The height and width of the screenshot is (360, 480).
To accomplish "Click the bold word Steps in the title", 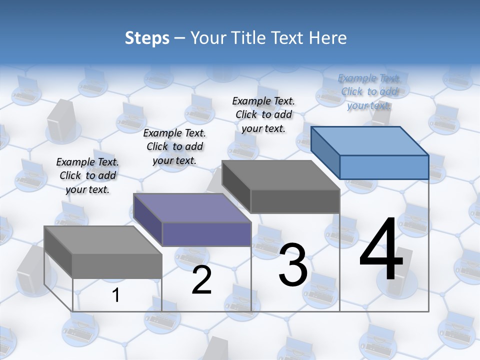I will click(147, 38).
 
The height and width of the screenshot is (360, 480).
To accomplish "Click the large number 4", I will click(381, 250).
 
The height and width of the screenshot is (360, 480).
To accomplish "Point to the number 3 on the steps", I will click(293, 265).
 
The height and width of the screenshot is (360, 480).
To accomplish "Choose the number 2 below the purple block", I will click(201, 280).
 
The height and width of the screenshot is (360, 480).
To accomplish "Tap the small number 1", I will click(116, 295).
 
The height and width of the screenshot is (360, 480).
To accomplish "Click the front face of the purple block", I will click(206, 234).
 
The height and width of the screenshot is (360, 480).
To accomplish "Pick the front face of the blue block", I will click(384, 167).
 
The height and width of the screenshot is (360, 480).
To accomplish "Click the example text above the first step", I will click(87, 175).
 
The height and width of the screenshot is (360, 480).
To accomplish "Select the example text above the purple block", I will click(174, 146).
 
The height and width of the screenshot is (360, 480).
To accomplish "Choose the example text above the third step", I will click(263, 114).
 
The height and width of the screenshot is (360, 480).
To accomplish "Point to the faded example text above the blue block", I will click(369, 91).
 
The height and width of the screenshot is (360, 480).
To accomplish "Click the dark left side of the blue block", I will click(325, 150).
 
